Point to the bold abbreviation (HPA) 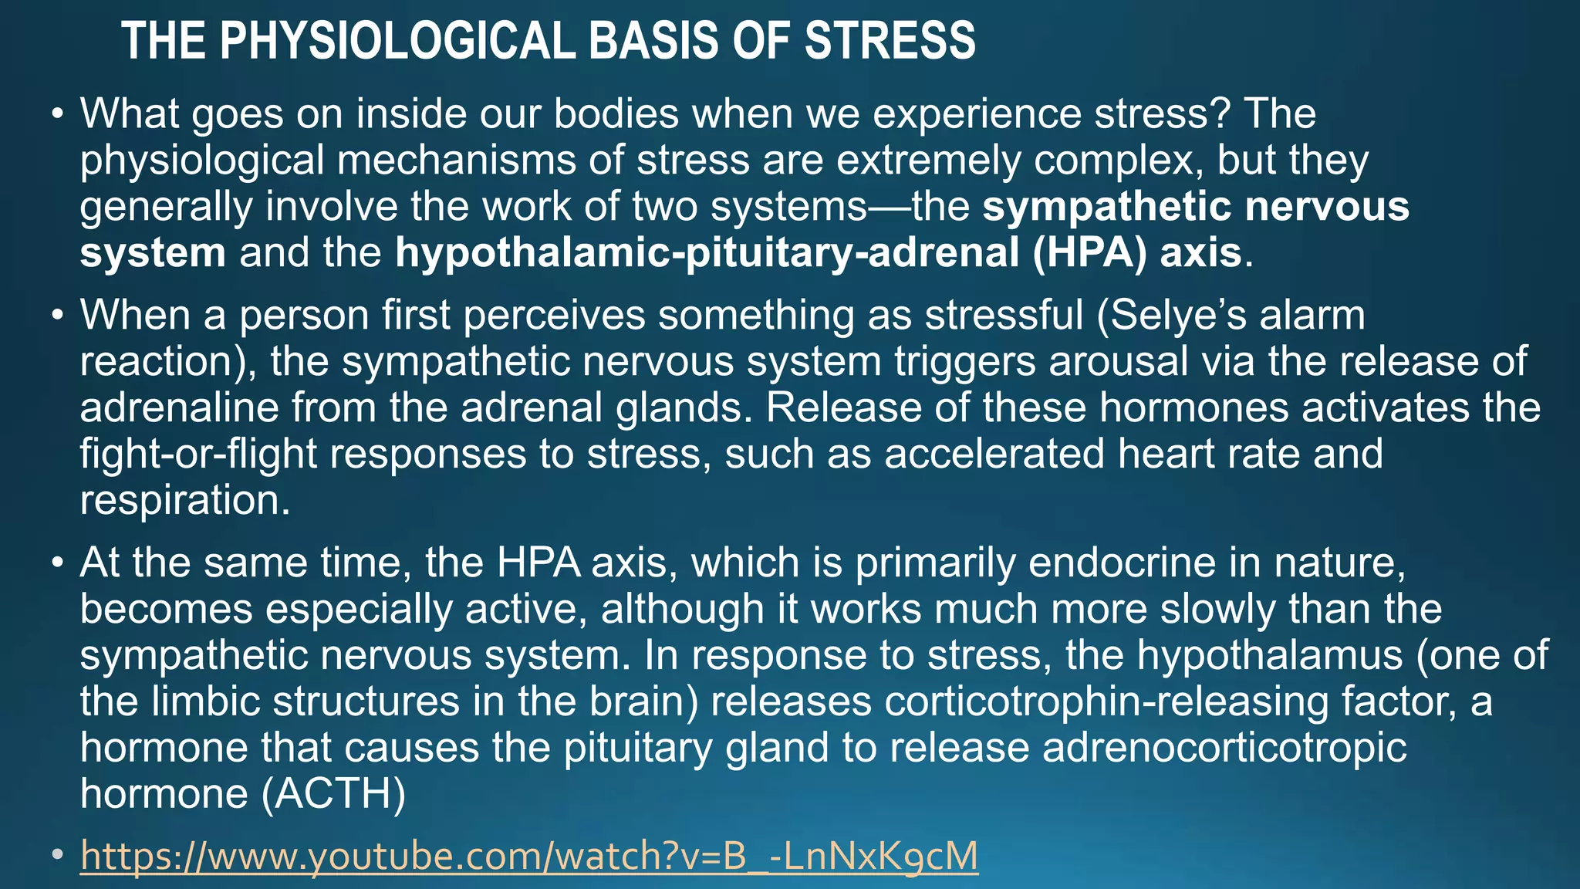click(1090, 253)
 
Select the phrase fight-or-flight click(198, 455)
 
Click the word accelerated click(994, 455)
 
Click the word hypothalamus click(1270, 656)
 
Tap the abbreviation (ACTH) click(333, 795)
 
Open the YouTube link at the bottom click(529, 857)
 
